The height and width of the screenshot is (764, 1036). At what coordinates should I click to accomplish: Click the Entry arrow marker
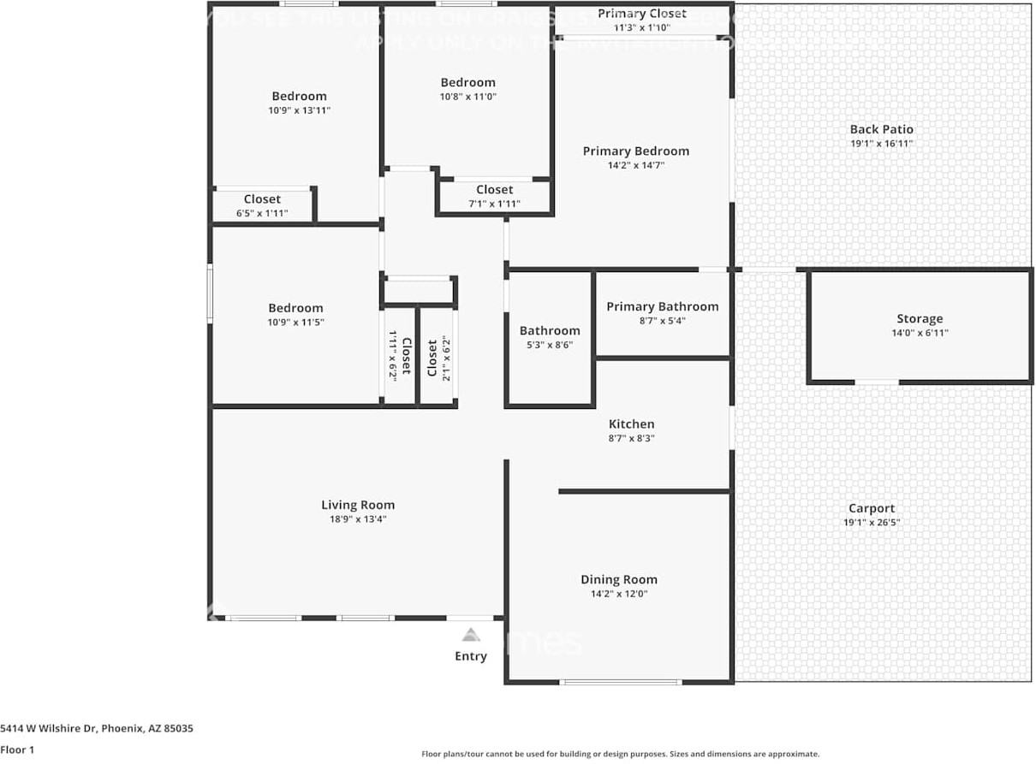click(470, 635)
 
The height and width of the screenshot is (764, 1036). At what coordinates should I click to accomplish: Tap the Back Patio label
click(881, 129)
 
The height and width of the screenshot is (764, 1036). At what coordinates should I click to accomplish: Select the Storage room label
click(920, 319)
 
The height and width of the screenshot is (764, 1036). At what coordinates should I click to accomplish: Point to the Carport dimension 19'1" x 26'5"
click(872, 522)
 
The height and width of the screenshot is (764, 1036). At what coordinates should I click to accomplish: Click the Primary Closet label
click(642, 14)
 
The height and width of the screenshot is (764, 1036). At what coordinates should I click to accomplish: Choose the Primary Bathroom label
click(663, 306)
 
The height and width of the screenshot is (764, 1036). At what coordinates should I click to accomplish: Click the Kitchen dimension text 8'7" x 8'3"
click(632, 438)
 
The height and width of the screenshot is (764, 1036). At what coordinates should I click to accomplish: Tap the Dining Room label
click(619, 579)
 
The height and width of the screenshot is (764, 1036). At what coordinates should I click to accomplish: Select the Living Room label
click(358, 505)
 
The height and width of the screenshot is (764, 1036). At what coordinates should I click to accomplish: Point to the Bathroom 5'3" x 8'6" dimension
click(550, 345)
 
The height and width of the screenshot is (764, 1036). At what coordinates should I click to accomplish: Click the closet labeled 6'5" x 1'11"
click(262, 213)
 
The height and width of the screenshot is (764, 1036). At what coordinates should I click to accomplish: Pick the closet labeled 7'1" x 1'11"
click(495, 204)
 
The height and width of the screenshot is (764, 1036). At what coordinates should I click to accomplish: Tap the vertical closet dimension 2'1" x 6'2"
click(445, 358)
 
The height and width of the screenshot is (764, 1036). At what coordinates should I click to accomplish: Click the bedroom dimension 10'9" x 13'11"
click(299, 110)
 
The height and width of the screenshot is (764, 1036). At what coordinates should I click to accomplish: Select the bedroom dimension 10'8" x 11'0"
click(467, 97)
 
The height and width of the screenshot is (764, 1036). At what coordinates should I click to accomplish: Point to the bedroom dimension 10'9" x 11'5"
click(295, 323)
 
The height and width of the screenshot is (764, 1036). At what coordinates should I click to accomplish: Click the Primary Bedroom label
click(635, 151)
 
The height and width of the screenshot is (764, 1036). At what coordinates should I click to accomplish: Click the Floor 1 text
click(17, 749)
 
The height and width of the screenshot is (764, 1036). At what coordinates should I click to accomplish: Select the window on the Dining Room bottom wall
click(621, 682)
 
